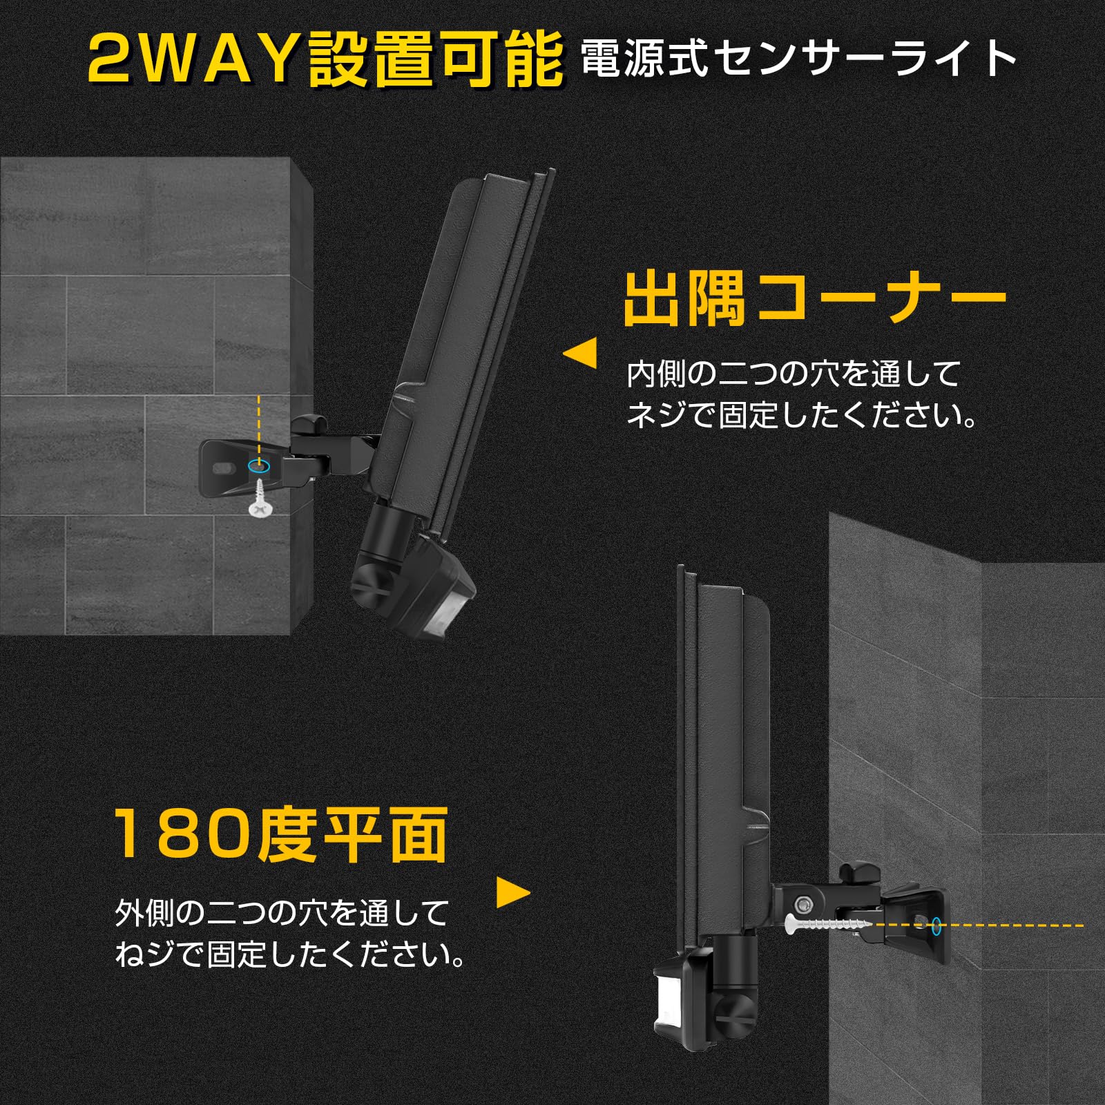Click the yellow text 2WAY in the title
click(x=193, y=61)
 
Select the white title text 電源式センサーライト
click(x=798, y=58)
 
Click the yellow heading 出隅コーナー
click(x=815, y=298)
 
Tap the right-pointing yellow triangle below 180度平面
click(x=513, y=892)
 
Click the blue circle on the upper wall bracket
click(x=258, y=467)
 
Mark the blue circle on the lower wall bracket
click(x=936, y=925)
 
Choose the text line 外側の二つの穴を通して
click(x=282, y=913)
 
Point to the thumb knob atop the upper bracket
click(x=309, y=423)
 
